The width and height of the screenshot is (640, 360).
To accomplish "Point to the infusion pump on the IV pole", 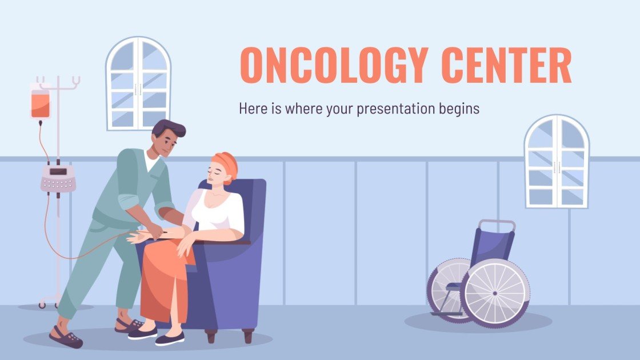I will tap(58, 178).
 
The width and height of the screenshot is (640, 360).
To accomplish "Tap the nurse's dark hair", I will tap(169, 129).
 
